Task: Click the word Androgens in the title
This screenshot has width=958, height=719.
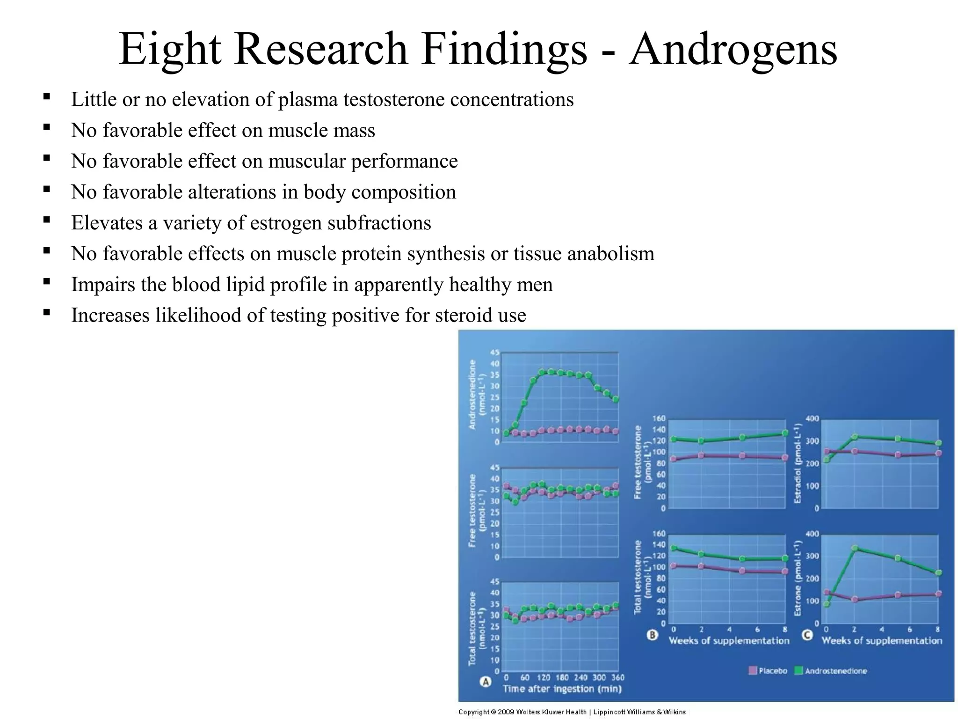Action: [733, 50]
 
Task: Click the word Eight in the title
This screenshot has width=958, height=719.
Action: [169, 50]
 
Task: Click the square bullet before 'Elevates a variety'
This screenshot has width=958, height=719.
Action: [46, 220]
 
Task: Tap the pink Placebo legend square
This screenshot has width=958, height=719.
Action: [753, 671]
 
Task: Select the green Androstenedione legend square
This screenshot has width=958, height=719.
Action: [798, 671]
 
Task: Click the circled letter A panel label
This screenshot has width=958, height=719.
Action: [486, 682]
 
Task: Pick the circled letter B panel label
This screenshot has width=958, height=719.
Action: [652, 635]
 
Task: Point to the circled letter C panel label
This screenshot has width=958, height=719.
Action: [807, 635]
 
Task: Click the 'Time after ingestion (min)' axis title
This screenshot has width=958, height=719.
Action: [562, 689]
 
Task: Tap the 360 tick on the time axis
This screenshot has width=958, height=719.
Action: [617, 678]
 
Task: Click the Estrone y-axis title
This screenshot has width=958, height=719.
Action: [798, 578]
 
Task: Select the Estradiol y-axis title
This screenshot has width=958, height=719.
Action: [798, 463]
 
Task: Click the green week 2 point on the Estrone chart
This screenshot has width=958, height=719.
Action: [854, 548]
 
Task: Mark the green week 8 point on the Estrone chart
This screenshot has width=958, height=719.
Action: [938, 572]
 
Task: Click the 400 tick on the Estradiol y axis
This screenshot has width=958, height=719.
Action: [812, 418]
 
